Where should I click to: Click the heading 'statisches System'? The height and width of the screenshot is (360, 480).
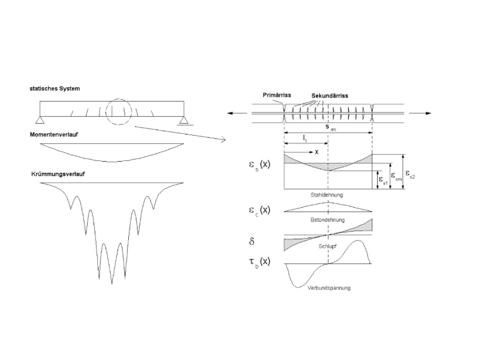click(x=55, y=88)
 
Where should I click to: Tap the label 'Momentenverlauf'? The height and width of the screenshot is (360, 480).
click(x=54, y=135)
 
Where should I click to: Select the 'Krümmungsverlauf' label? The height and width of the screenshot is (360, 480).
click(x=58, y=174)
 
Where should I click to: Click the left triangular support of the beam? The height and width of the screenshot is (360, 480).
click(x=40, y=120)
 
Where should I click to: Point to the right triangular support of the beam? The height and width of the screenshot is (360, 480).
click(x=184, y=120)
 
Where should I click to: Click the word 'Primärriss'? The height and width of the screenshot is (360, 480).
click(x=277, y=95)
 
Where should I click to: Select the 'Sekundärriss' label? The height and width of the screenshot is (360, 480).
click(x=330, y=96)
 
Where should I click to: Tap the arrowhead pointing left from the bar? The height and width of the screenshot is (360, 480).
click(x=230, y=113)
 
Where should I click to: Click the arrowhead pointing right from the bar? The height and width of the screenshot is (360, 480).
click(x=428, y=113)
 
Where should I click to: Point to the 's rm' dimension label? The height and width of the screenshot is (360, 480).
click(x=330, y=128)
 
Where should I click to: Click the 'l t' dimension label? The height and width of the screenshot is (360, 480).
click(x=305, y=138)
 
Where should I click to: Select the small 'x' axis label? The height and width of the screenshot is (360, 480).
click(x=316, y=152)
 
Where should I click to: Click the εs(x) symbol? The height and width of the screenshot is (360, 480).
click(x=260, y=164)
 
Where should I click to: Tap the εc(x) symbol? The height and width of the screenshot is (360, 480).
click(x=260, y=210)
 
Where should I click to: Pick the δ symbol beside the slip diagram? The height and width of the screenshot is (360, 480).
click(x=251, y=241)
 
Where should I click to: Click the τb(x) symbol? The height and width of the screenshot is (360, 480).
click(x=260, y=261)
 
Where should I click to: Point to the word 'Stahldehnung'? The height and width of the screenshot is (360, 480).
click(x=327, y=195)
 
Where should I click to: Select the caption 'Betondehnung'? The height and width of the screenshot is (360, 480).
click(x=328, y=220)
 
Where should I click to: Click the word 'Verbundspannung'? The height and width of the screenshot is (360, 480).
click(x=329, y=288)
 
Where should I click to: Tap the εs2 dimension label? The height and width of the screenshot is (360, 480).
click(x=410, y=174)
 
